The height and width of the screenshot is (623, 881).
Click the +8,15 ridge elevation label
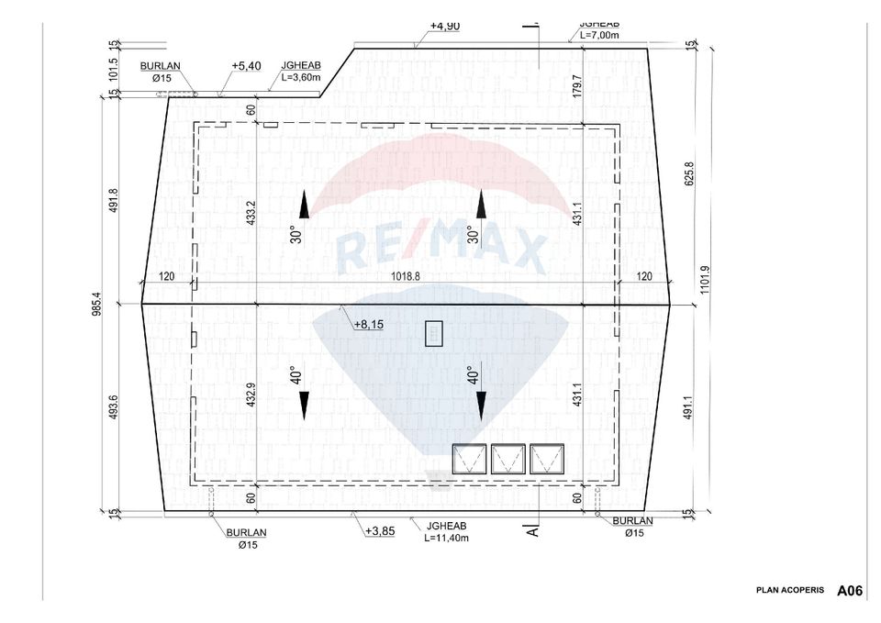tap(368, 324)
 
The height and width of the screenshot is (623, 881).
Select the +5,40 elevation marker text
tap(246, 67)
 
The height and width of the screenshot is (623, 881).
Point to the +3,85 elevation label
tap(379, 531)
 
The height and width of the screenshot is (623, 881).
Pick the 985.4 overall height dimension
tap(93, 303)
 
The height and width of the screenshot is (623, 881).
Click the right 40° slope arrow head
tap(479, 404)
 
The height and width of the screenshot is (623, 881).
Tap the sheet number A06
tap(849, 591)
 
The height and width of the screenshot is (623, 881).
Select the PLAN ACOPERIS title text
tap(790, 590)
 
